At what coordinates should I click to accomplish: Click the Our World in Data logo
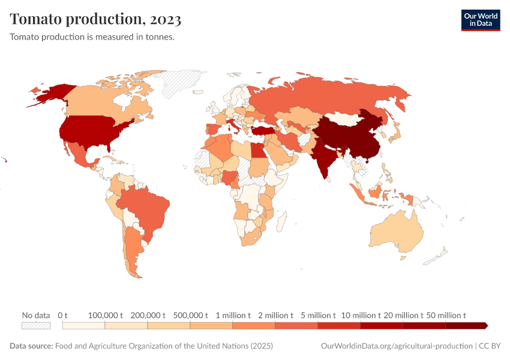[x=480, y=20]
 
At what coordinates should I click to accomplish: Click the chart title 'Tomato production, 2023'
[x=95, y=19]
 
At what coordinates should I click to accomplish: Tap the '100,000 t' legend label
[x=105, y=315]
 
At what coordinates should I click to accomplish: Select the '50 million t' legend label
[x=446, y=315]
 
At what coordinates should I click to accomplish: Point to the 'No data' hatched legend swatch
[x=35, y=326]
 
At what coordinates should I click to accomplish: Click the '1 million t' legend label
[x=233, y=315]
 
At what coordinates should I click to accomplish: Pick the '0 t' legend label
[x=63, y=315]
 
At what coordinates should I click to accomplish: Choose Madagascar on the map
[x=280, y=223]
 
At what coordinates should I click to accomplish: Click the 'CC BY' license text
[x=489, y=346]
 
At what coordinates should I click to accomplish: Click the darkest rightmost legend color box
[x=466, y=326]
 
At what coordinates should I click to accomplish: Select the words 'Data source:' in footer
[x=31, y=346]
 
